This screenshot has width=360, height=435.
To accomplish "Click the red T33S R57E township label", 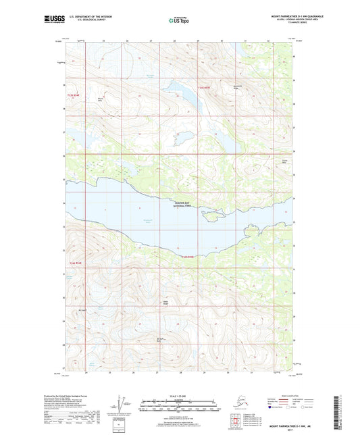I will coord(205,87).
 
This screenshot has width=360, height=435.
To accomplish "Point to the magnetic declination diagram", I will coord(122,403).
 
